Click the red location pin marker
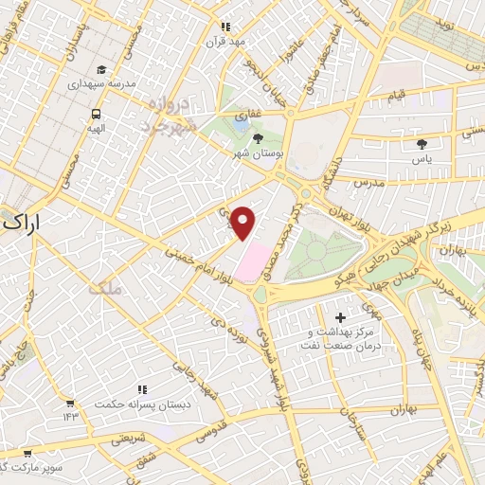243,222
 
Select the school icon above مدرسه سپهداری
101,69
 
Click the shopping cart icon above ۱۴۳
70,403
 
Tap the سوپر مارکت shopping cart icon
28,454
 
